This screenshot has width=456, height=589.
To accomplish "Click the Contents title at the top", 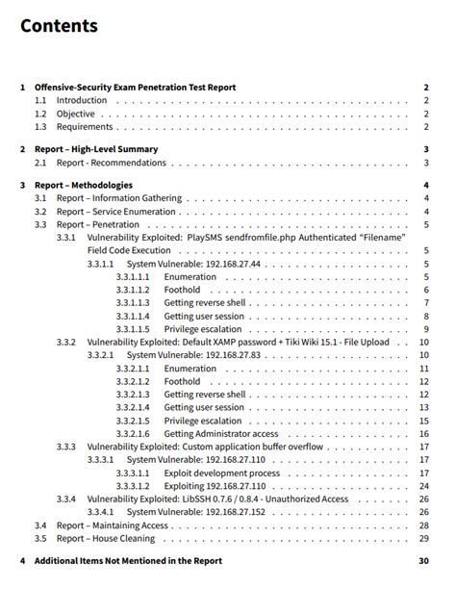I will (59, 26).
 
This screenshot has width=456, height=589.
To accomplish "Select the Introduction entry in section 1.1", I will (81, 100).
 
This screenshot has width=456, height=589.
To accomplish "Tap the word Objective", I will (75, 114).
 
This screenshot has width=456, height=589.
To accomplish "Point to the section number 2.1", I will (40, 163).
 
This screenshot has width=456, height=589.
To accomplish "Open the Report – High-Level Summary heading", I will (96, 149).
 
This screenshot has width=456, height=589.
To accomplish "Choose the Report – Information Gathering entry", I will (117, 198).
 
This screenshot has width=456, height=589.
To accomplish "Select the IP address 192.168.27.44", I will (228, 264).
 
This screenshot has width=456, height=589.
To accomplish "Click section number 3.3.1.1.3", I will (133, 303).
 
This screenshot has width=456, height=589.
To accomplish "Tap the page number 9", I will (425, 329).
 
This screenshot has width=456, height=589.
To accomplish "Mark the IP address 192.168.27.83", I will (228, 355).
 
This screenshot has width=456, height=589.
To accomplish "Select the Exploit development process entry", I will (221, 474).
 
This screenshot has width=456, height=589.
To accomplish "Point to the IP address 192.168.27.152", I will (230, 513).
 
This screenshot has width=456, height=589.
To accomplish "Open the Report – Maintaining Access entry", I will (112, 526).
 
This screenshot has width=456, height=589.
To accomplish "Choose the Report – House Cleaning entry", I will (106, 539).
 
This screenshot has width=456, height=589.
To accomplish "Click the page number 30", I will (423, 561).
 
